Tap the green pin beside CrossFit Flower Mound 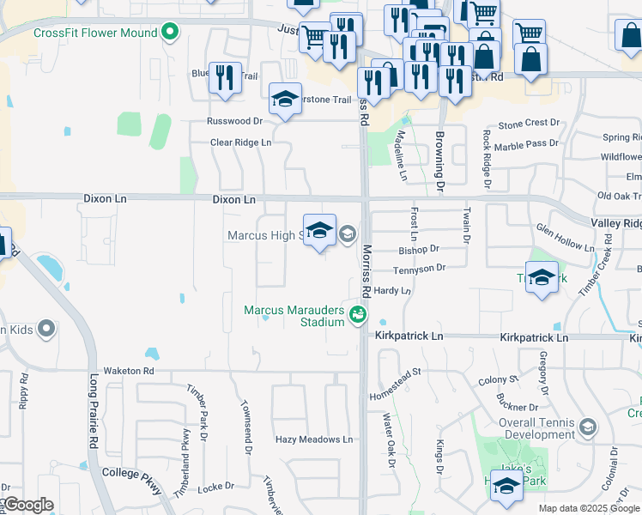[x=170, y=33]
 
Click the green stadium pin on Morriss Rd [x=357, y=316]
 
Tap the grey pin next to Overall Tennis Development [x=588, y=427]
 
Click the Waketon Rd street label [x=128, y=371]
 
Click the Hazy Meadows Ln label [x=313, y=439]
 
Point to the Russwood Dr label [x=233, y=122]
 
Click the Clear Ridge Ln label [x=241, y=142]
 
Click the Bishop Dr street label [x=419, y=248]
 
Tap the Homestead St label [x=397, y=384]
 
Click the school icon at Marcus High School [x=319, y=229]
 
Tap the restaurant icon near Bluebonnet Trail [x=225, y=77]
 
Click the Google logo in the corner [x=27, y=505]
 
